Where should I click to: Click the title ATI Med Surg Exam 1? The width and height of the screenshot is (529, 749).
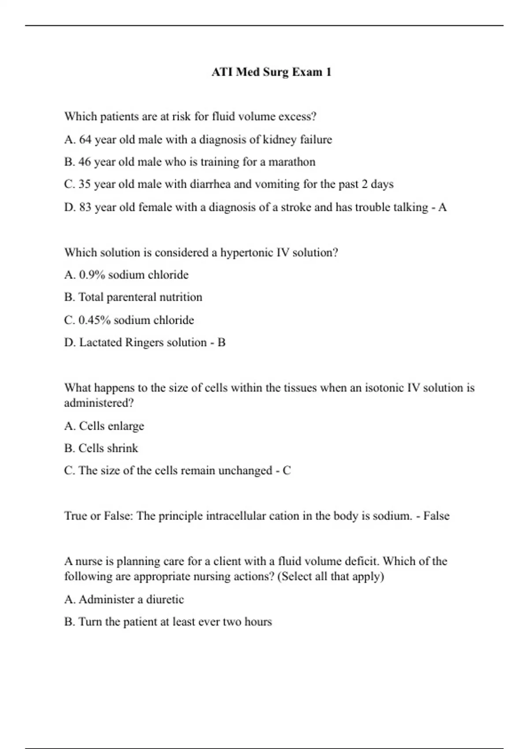tap(271, 72)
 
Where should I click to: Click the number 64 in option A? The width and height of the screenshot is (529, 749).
tap(85, 140)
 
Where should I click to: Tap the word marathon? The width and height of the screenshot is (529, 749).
tap(292, 162)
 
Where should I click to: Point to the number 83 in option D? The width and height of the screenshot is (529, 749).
tap(85, 207)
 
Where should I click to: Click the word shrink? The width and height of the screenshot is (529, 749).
tap(122, 449)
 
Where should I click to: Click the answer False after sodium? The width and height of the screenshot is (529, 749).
tap(436, 516)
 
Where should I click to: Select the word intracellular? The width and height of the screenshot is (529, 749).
tap(234, 516)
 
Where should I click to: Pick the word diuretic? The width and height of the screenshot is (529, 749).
tap(165, 600)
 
